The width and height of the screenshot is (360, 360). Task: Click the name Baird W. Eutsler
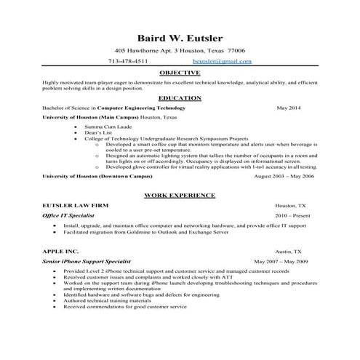click(x=180, y=38)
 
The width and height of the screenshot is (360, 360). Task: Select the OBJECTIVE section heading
click(x=180, y=74)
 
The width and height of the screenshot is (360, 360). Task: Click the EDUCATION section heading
click(x=180, y=97)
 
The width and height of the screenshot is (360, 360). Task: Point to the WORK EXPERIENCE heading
click(x=180, y=196)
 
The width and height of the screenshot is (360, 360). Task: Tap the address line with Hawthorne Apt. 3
click(x=180, y=51)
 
